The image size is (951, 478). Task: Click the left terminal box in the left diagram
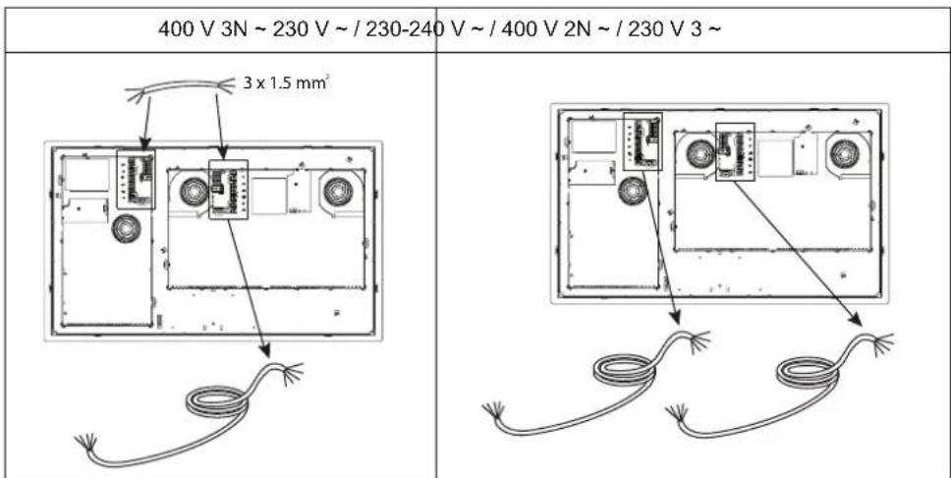[x=136, y=179]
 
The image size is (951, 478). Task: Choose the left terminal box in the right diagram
[x=643, y=143]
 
